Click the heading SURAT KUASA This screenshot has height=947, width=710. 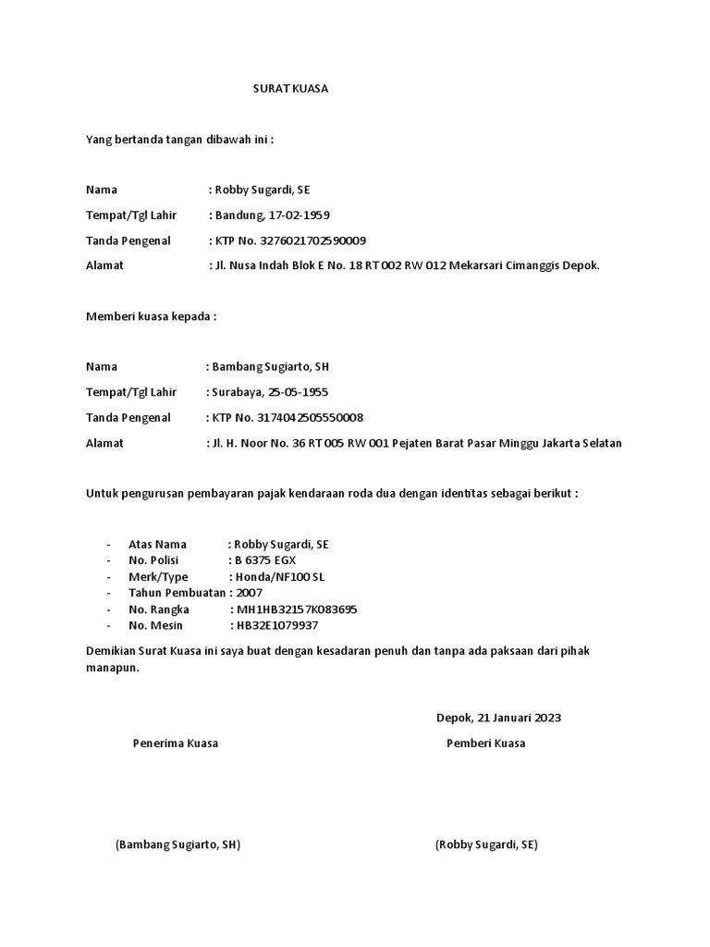pos(291,90)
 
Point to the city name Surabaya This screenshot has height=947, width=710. pos(237,392)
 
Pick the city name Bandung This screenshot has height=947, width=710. pos(239,215)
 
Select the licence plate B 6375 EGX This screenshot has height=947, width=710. pos(266,560)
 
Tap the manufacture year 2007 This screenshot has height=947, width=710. pos(251,593)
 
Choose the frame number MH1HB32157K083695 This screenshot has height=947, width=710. pos(298,609)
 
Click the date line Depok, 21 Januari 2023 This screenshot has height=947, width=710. pos(498,718)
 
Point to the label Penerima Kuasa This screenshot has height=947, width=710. pos(176,744)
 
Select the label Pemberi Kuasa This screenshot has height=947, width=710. pos(486,744)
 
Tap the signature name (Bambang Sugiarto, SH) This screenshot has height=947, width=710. pos(177,845)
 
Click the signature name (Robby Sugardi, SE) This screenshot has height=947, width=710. pos(486,845)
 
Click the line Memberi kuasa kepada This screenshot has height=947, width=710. pos(151,316)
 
